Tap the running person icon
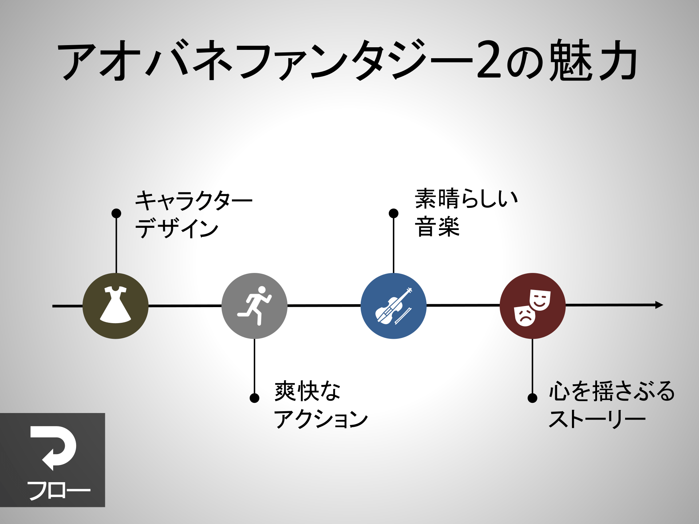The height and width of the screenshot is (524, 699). [x=255, y=306]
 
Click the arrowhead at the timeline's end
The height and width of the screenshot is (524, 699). [x=659, y=305]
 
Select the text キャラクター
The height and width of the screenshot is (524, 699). [x=194, y=201]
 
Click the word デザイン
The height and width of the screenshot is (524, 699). [x=177, y=229]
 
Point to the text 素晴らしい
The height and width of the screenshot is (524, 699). [x=466, y=199]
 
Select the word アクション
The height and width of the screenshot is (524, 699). [x=321, y=419]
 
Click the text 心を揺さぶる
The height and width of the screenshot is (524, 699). [x=612, y=391]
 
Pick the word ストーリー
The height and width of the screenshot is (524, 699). [x=597, y=419]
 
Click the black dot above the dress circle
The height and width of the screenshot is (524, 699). [x=116, y=213]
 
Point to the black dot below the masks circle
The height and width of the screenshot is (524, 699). [x=532, y=398]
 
